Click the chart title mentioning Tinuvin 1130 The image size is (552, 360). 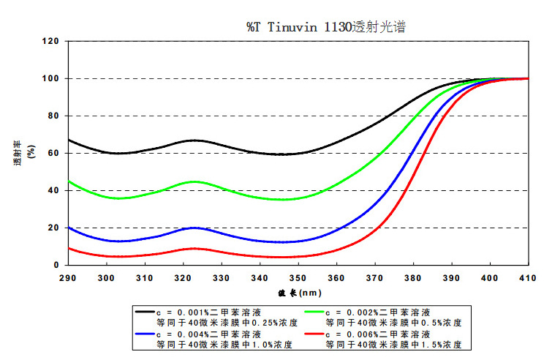click(325, 27)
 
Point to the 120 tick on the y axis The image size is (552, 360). click(50, 42)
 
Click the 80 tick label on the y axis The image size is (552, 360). click(53, 116)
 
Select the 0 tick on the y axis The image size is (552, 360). click(56, 265)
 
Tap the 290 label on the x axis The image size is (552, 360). click(68, 278)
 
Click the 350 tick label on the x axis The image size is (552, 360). click(298, 278)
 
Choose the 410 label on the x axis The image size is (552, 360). click(528, 278)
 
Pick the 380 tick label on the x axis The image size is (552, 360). click(413, 278)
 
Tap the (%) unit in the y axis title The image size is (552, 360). click(31, 154)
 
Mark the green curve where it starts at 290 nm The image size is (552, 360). click(69, 181)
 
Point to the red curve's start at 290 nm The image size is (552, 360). click(69, 248)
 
